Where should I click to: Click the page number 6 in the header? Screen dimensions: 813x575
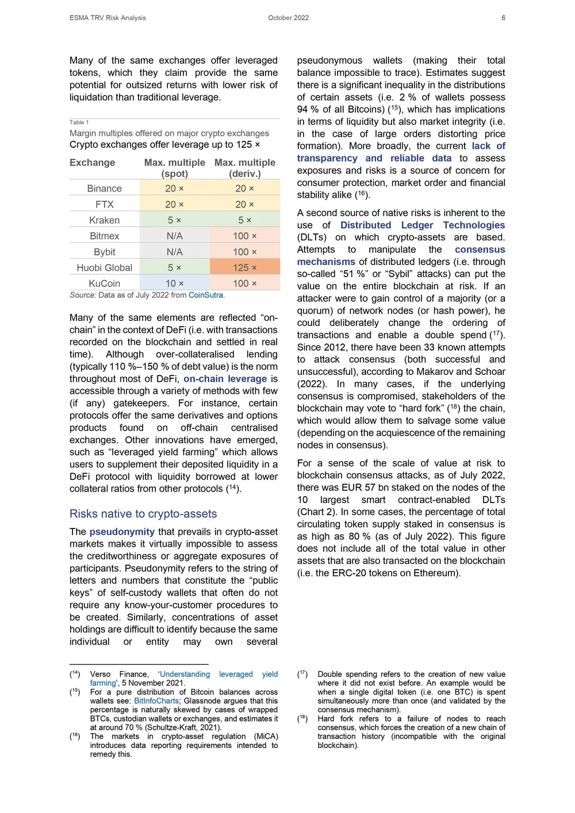pyautogui.click(x=503, y=18)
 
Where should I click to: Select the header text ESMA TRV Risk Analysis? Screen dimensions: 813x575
pyautogui.click(x=108, y=18)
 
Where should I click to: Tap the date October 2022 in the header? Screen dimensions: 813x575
pyautogui.click(x=288, y=18)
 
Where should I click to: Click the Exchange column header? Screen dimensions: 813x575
pyautogui.click(x=92, y=163)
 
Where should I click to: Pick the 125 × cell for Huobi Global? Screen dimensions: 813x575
pyautogui.click(x=245, y=267)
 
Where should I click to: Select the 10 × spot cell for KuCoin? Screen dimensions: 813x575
pyautogui.click(x=174, y=283)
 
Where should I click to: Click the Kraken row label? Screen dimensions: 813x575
pyautogui.click(x=104, y=220)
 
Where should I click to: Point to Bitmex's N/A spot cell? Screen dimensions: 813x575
pyautogui.click(x=174, y=236)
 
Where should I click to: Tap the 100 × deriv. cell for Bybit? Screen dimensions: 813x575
pyautogui.click(x=245, y=252)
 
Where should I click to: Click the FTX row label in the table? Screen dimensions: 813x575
pyautogui.click(x=104, y=204)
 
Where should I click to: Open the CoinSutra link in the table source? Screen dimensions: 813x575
pyautogui.click(x=205, y=295)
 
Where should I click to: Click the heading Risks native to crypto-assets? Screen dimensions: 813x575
pyautogui.click(x=143, y=513)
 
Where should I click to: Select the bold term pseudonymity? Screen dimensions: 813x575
pyautogui.click(x=122, y=532)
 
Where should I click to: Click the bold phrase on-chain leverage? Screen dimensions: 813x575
pyautogui.click(x=225, y=379)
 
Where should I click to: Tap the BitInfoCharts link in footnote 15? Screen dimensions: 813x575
pyautogui.click(x=156, y=701)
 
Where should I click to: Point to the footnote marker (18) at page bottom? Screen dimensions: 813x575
pyautogui.click(x=302, y=719)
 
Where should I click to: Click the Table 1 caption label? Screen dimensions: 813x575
pyautogui.click(x=79, y=122)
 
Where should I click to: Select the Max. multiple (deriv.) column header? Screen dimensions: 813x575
pyautogui.click(x=245, y=168)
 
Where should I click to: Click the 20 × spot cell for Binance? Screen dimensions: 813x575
pyautogui.click(x=174, y=189)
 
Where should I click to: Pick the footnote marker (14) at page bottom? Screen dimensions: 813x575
pyautogui.click(x=75, y=674)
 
